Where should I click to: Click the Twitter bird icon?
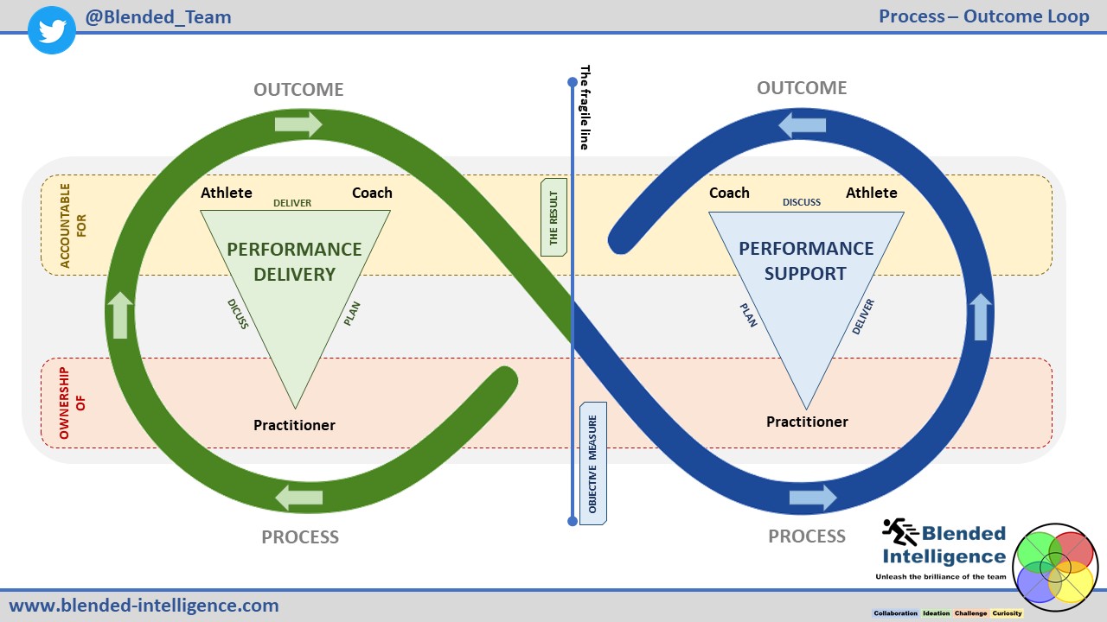pyautogui.click(x=53, y=30)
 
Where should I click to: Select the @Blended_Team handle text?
pyautogui.click(x=158, y=17)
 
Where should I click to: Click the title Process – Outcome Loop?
pyautogui.click(x=983, y=16)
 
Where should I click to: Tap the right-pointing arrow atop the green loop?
pyautogui.click(x=298, y=124)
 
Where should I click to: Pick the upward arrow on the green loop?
pyautogui.click(x=121, y=315)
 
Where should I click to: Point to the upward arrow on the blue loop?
pyautogui.click(x=979, y=316)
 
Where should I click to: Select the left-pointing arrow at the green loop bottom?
pyautogui.click(x=298, y=497)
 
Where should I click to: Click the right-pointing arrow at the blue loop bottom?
pyautogui.click(x=813, y=498)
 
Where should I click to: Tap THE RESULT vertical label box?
pyautogui.click(x=553, y=218)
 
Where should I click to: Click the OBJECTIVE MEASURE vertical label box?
pyautogui.click(x=593, y=463)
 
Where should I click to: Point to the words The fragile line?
pyautogui.click(x=585, y=108)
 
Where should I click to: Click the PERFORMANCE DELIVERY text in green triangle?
pyautogui.click(x=294, y=262)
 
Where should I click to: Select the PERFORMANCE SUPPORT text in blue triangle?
pyautogui.click(x=806, y=261)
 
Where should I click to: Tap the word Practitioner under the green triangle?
pyautogui.click(x=294, y=425)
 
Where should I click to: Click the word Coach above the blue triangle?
pyautogui.click(x=729, y=193)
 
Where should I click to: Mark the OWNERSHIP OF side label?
pyautogui.click(x=73, y=403)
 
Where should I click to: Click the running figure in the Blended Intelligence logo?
pyautogui.click(x=900, y=532)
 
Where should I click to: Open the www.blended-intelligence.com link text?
pyautogui.click(x=144, y=606)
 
